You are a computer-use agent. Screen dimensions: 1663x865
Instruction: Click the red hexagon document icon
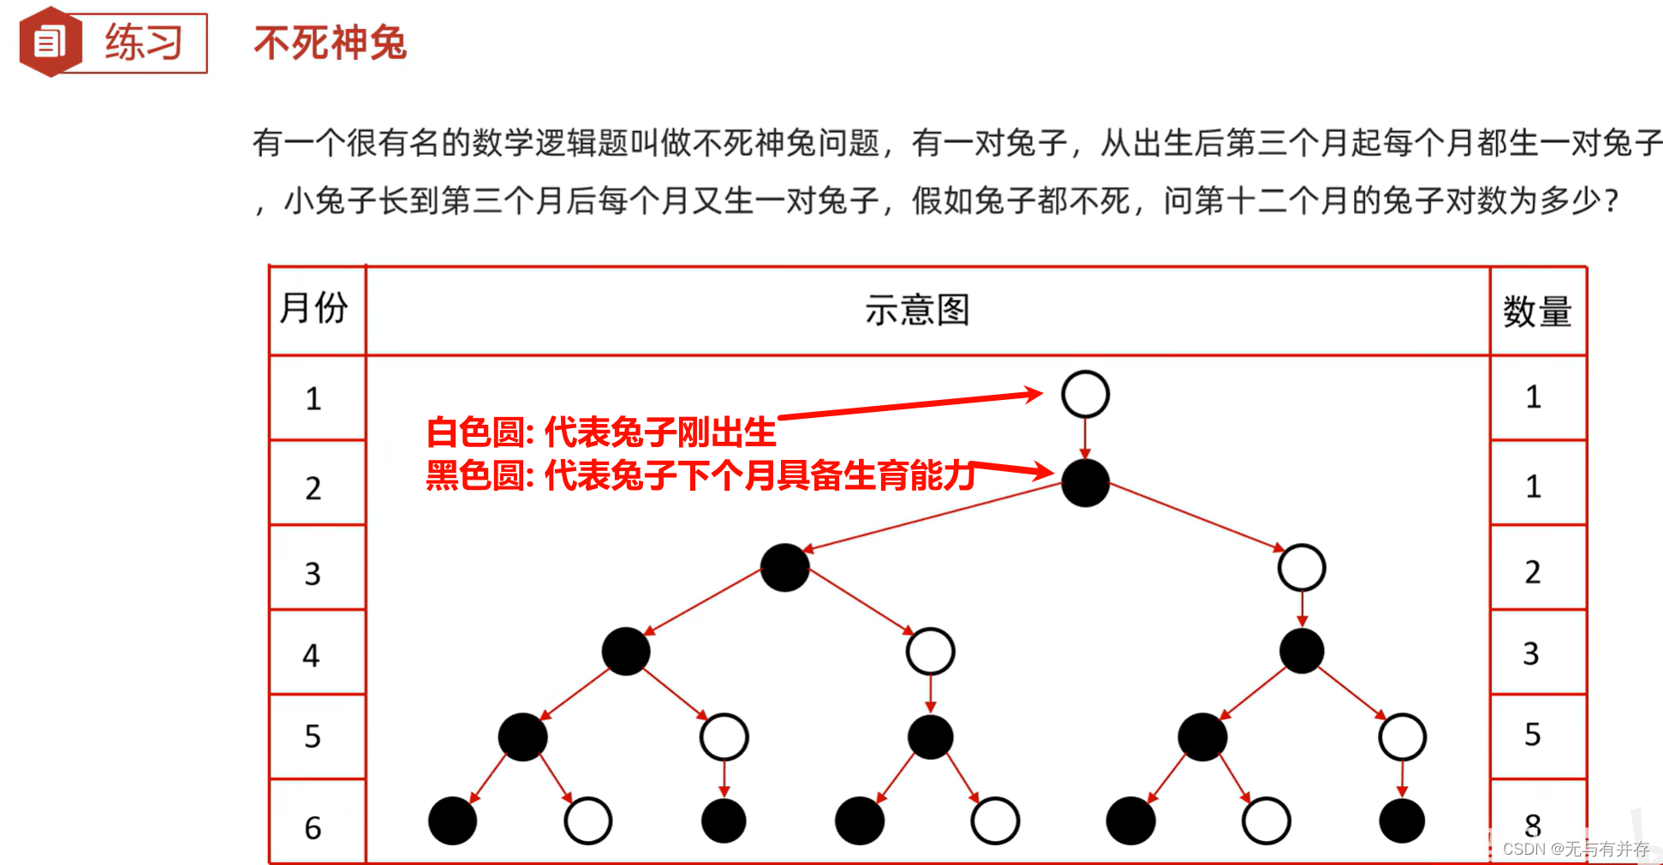tap(51, 42)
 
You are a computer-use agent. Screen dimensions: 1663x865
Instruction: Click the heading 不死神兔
tap(330, 43)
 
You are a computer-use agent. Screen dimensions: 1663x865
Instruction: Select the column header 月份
tap(314, 308)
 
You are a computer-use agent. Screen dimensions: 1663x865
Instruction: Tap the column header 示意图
tap(917, 310)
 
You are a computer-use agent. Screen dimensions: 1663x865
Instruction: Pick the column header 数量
tap(1537, 312)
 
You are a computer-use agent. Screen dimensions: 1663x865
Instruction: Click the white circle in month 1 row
tap(1085, 394)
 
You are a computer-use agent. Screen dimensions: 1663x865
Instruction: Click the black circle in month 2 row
tap(1085, 483)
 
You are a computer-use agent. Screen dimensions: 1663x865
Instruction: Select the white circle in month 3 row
tap(1302, 568)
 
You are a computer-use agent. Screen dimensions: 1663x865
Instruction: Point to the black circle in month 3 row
tap(784, 568)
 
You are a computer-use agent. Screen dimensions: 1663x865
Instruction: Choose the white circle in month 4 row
tap(930, 652)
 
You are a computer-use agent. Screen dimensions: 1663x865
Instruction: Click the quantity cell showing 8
tap(1533, 825)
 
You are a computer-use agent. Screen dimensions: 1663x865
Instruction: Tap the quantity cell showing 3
tap(1531, 653)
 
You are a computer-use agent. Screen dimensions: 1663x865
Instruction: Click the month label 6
tap(313, 828)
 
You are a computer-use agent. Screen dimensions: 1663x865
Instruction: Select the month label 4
tap(312, 656)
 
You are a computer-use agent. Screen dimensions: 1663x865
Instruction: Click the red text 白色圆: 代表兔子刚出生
tap(601, 432)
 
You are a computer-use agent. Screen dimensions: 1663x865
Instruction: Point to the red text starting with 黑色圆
tap(700, 475)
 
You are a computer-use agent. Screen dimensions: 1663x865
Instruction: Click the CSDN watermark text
tap(1576, 849)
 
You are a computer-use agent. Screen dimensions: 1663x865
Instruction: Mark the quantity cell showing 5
tap(1533, 735)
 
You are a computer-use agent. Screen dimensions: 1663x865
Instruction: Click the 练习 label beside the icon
tap(143, 43)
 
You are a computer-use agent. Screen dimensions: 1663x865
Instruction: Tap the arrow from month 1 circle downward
tap(1085, 438)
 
